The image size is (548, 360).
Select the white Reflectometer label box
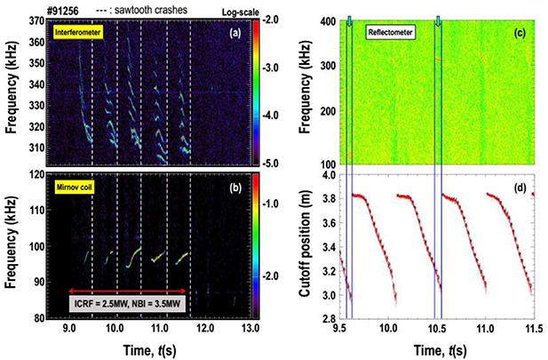395,31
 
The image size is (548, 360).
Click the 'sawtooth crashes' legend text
139,7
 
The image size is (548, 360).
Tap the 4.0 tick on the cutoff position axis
328,175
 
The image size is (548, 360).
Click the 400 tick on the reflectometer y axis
326,19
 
